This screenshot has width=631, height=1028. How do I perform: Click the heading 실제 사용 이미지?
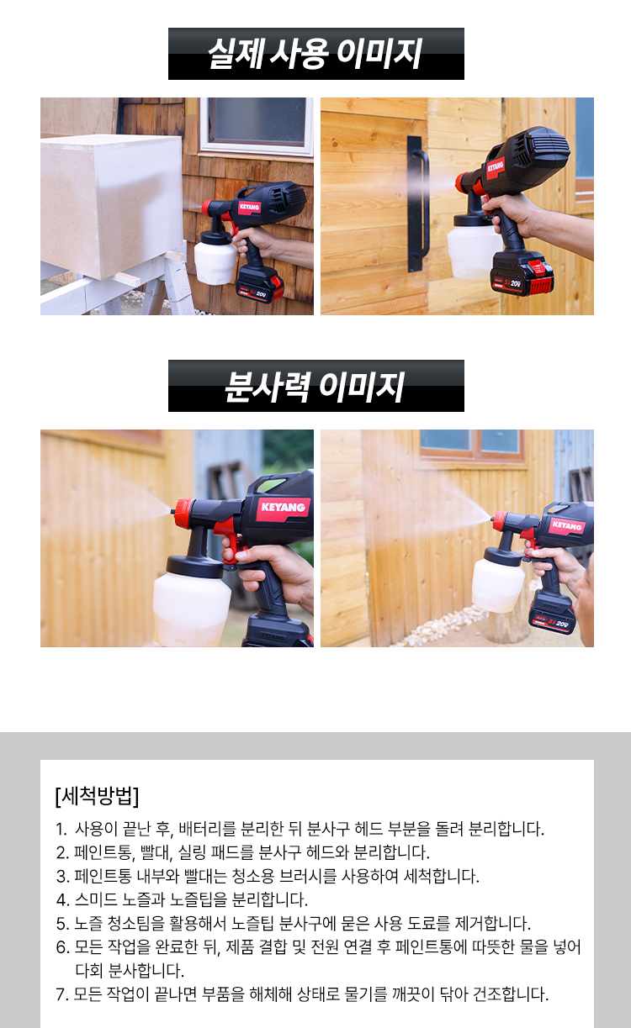(x=315, y=54)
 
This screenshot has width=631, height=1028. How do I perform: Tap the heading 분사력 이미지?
(x=315, y=387)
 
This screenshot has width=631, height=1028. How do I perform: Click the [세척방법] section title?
(x=97, y=795)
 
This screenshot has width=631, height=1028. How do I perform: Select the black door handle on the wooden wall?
(x=417, y=203)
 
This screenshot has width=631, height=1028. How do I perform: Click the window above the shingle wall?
(x=257, y=124)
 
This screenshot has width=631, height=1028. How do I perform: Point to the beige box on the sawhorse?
(x=112, y=207)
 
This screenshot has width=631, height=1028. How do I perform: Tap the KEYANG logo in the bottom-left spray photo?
(x=283, y=508)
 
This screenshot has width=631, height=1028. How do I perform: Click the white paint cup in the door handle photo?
(x=472, y=250)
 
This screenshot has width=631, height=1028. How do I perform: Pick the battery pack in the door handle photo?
(x=522, y=274)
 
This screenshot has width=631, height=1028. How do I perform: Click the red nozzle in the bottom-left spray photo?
(x=183, y=512)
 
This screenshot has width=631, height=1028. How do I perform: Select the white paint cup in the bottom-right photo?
(x=498, y=584)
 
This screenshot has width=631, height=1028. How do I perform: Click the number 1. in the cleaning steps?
(x=62, y=830)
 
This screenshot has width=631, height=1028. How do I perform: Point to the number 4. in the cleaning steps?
(x=62, y=899)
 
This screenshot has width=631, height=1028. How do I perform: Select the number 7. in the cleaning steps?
(x=62, y=994)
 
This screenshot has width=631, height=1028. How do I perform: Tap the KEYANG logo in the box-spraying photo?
(x=249, y=207)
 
